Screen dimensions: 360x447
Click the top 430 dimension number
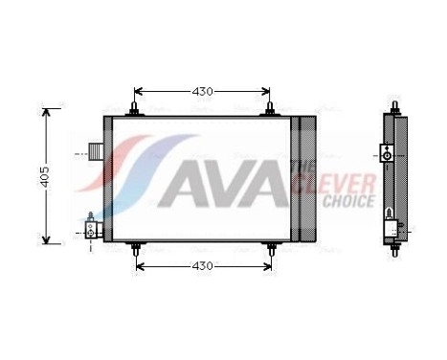[202, 92]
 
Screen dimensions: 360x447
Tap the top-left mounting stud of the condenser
[133, 107]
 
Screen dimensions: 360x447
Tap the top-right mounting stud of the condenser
[272, 107]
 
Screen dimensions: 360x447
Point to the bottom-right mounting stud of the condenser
[272, 249]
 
